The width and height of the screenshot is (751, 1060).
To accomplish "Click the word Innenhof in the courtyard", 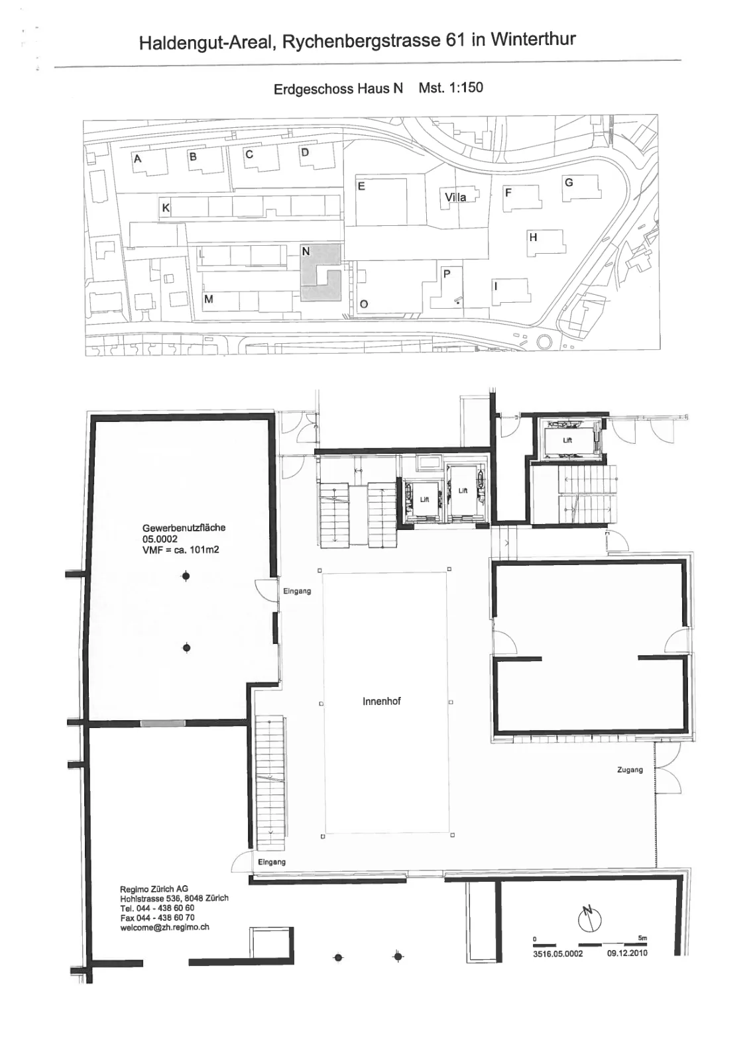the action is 382,702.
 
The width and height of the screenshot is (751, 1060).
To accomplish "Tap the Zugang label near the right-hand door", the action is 630,770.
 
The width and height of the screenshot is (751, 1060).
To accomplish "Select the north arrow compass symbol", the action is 589,918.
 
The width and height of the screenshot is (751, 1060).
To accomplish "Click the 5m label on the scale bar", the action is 642,938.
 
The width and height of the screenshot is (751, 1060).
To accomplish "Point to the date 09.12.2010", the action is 627,953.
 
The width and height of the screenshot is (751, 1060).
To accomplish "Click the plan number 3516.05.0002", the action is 558,953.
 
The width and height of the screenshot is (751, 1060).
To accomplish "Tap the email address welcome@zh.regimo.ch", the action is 165,927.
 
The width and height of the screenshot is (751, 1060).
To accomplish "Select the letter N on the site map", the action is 306,251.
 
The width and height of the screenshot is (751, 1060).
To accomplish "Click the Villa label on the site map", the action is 455,197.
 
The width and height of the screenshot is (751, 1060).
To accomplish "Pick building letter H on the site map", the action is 533,237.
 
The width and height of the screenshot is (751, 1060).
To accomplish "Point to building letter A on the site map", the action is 137,158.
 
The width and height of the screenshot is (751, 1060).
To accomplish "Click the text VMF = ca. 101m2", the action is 181,549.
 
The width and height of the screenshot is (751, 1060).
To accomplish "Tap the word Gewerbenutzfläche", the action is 184,527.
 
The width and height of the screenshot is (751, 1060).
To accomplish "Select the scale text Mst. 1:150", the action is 451,87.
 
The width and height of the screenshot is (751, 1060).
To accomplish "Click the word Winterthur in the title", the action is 533,39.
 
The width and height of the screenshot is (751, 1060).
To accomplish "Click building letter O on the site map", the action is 364,304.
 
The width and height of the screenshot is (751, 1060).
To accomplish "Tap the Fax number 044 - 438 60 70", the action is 157,918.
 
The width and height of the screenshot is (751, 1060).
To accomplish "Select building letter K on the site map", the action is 166,207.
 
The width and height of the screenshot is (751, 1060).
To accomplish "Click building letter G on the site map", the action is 569,182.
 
